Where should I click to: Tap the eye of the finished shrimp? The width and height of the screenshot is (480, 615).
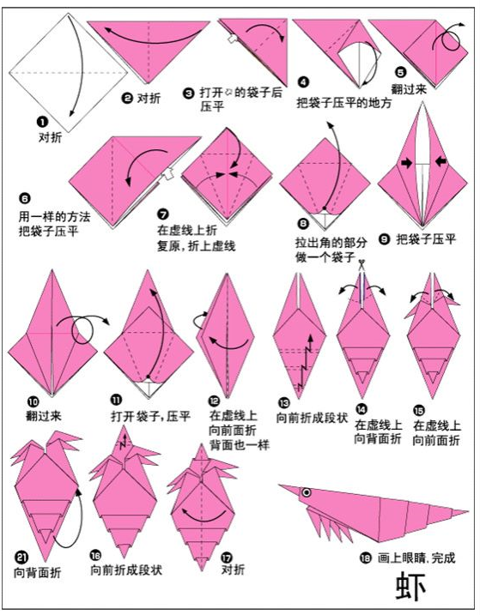pos(306,492)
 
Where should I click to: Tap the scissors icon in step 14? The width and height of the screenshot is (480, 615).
pos(362,264)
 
